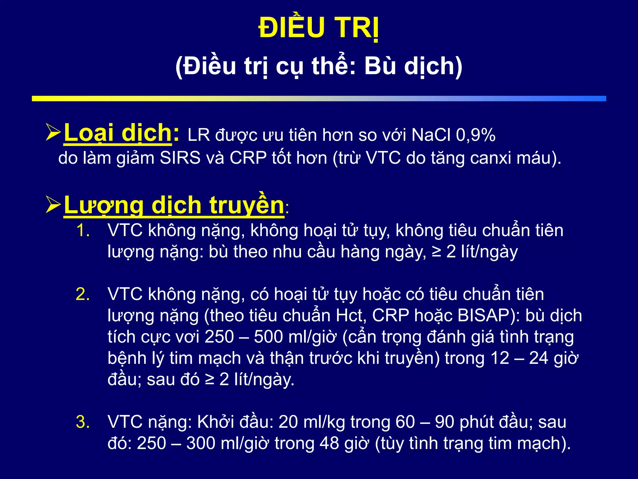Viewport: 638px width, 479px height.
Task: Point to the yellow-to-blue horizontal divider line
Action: click(319, 99)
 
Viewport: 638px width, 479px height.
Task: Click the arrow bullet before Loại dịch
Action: click(53, 132)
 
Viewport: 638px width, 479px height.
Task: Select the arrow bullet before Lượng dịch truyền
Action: click(53, 205)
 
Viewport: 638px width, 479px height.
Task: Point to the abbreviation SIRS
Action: click(180, 158)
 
